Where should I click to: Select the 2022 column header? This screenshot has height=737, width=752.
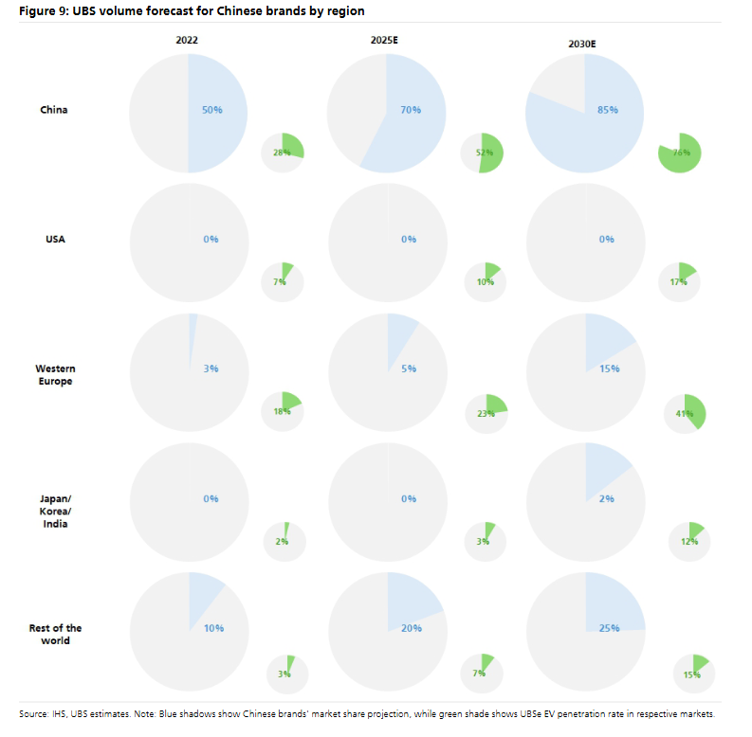[187, 41]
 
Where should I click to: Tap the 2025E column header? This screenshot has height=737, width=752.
[385, 41]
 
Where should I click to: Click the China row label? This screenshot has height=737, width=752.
[53, 110]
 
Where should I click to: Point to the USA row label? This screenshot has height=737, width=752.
[55, 239]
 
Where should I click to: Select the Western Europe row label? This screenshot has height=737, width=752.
[55, 374]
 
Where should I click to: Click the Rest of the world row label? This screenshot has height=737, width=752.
[55, 634]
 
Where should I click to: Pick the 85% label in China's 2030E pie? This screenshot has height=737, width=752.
[607, 110]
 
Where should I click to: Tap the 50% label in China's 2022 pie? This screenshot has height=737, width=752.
[211, 110]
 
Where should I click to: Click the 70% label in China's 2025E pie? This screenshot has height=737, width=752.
[410, 110]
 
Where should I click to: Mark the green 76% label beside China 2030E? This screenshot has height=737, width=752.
[681, 152]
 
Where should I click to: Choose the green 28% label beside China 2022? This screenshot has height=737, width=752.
[281, 152]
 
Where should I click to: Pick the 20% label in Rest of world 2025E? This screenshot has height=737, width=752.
[410, 628]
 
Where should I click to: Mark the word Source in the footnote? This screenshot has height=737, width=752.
[34, 713]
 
